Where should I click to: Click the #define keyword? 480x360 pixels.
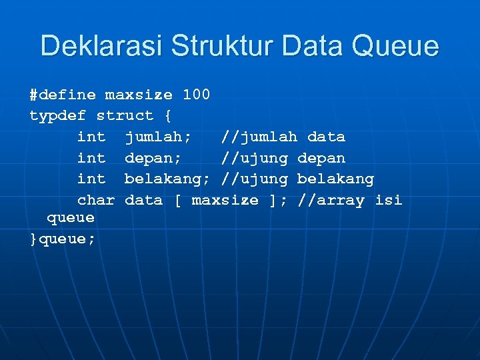[63, 95]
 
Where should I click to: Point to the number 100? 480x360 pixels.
[196, 95]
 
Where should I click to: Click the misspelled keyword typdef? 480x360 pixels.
[58, 116]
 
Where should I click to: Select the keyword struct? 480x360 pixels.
[125, 116]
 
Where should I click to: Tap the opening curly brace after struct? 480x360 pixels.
[167, 116]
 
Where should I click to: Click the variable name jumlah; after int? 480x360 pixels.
[158, 137]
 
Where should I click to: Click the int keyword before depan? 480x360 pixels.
[91, 159]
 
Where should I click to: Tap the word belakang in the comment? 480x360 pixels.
[335, 179]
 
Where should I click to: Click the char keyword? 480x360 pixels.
[96, 201]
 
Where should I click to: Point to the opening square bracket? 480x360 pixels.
[177, 201]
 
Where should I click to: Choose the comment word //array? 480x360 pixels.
[331, 201]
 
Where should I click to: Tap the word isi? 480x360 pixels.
[388, 201]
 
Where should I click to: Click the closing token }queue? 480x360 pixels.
[63, 239]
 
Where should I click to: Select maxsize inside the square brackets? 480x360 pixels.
[225, 201]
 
